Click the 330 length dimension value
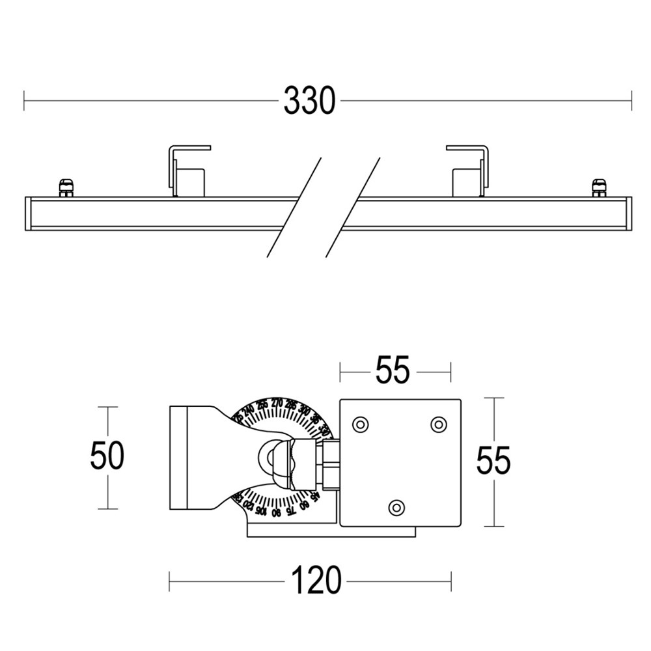[309, 101]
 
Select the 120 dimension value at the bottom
[316, 580]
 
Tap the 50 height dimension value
[107, 456]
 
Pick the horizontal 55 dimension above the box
[392, 371]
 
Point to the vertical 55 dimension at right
[493, 461]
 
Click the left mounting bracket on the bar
[187, 171]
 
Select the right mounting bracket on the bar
[469, 171]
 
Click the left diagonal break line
[294, 207]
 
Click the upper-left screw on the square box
[359, 424]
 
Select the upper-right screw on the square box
[438, 424]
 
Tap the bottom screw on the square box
[396, 506]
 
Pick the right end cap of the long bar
[628, 213]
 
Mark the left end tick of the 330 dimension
[24, 101]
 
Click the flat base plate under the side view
[331, 532]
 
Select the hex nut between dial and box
[328, 463]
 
